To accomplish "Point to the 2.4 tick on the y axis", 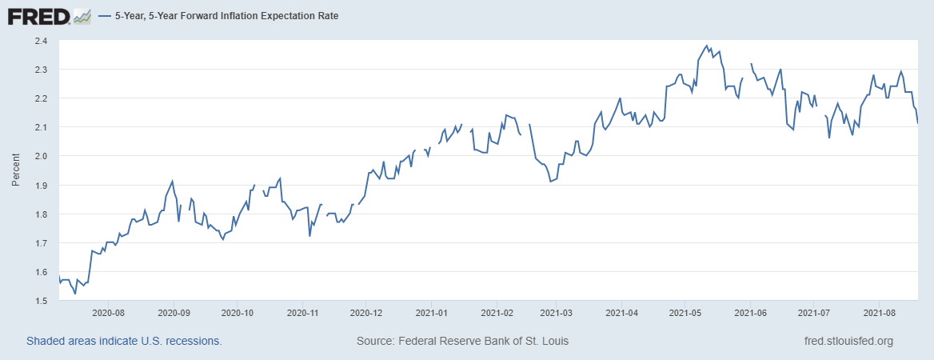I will (42, 41).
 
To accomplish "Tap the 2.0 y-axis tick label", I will (42, 156).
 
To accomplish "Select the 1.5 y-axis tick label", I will (42, 301).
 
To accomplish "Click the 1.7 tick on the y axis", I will (42, 243).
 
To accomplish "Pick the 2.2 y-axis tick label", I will (42, 98).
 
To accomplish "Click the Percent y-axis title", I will (15, 170).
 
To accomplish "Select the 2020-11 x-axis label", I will (302, 314).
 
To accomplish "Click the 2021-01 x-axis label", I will (431, 314).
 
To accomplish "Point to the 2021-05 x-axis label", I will (684, 314).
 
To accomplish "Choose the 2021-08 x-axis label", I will (879, 314).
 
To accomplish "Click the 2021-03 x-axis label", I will (557, 314).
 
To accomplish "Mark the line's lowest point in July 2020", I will (75, 294).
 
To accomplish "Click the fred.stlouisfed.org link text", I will (848, 342).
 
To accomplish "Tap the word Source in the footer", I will (374, 342).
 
